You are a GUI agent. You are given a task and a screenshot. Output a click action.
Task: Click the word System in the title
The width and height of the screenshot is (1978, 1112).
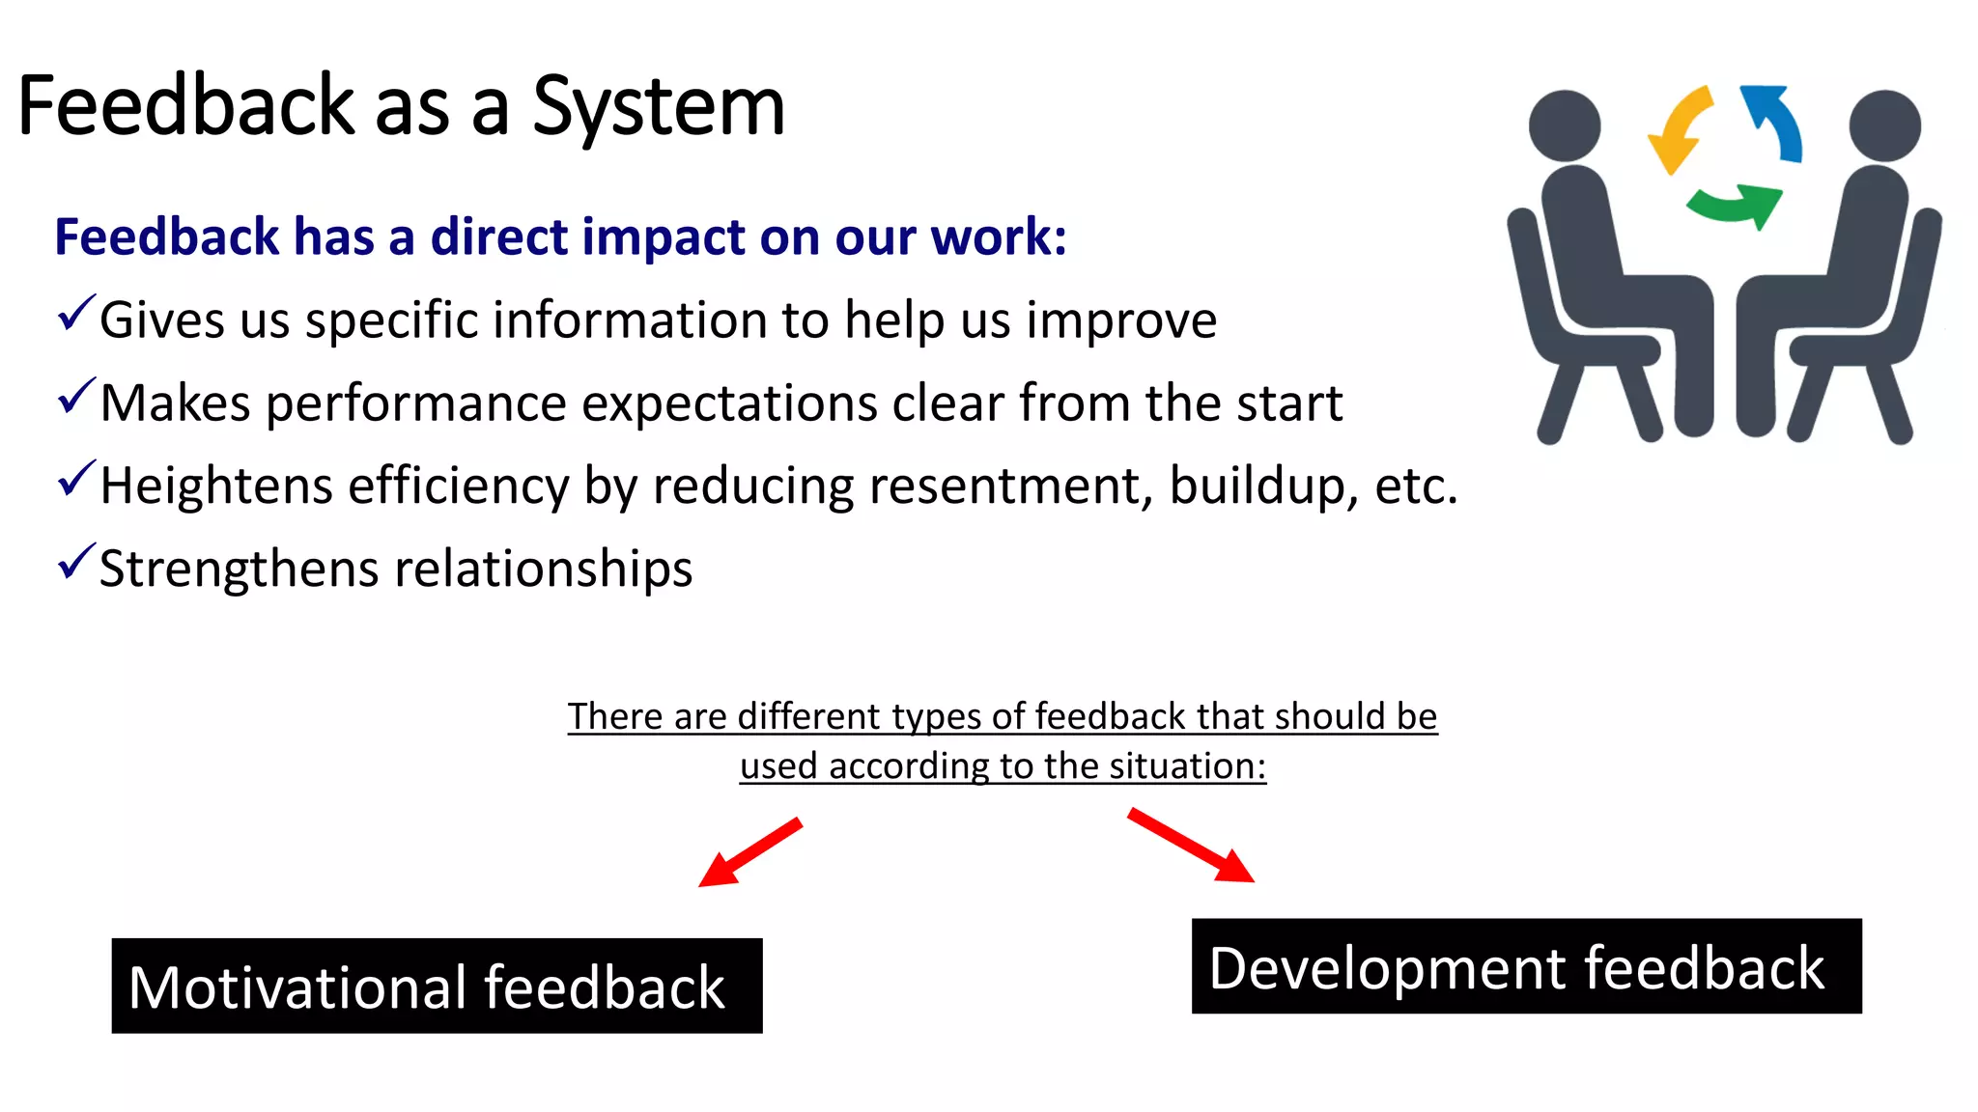click(x=659, y=107)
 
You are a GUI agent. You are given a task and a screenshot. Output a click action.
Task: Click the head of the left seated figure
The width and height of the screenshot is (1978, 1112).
click(x=1565, y=125)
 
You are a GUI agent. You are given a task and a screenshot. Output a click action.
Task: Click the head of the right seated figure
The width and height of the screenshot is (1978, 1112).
click(x=1884, y=125)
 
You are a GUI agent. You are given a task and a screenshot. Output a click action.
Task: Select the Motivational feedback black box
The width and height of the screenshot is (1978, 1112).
click(x=437, y=986)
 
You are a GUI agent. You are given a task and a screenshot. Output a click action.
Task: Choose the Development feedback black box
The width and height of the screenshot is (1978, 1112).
click(x=1526, y=966)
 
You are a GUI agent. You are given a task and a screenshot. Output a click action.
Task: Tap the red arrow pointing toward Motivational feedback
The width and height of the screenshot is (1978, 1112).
click(x=749, y=852)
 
